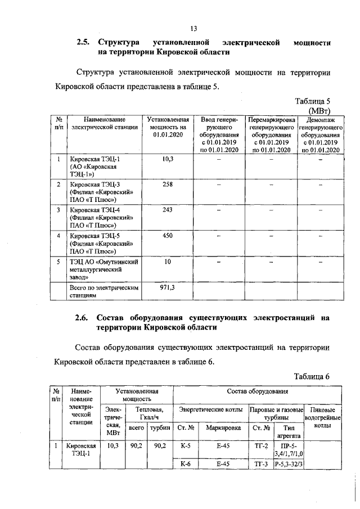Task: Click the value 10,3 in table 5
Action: click(167, 160)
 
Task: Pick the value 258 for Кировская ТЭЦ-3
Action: click(167, 184)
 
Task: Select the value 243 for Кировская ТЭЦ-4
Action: click(167, 210)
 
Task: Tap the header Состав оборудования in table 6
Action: click(258, 391)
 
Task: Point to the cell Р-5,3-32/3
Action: click(288, 464)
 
